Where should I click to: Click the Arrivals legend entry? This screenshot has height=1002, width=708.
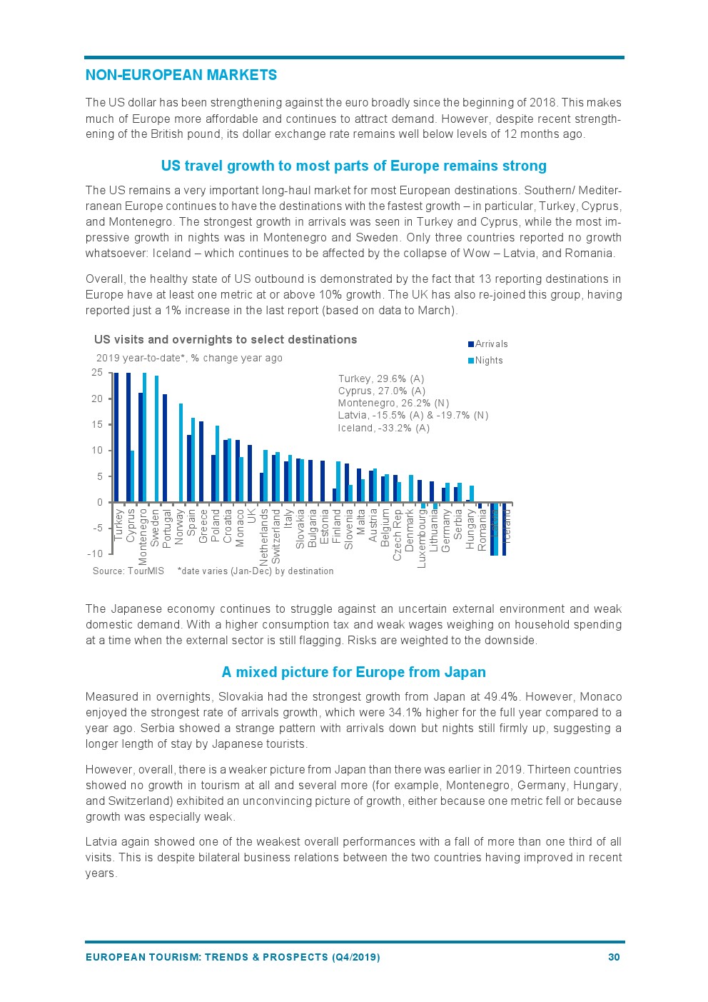tap(491, 344)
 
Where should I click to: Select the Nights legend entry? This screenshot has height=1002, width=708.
tap(488, 361)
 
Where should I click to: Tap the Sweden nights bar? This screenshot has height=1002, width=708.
tap(156, 439)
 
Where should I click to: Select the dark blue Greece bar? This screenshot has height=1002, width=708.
tap(201, 461)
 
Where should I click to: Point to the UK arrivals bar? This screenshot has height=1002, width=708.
tap(250, 474)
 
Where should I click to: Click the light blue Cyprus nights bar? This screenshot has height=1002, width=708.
tap(132, 476)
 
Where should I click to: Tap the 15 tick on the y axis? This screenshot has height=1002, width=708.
tap(96, 425)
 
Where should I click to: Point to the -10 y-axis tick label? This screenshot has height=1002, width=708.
tap(95, 554)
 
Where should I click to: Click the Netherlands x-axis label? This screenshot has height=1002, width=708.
tap(264, 536)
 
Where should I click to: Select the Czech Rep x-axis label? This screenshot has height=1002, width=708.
tap(398, 534)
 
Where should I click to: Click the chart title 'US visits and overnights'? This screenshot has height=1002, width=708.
tap(226, 340)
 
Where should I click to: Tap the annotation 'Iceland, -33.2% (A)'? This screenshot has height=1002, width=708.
tap(384, 429)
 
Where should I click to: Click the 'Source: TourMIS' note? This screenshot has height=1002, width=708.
tap(128, 571)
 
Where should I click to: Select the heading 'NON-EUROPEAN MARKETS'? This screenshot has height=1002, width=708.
tap(181, 76)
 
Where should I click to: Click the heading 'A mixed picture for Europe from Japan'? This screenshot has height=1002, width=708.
tap(354, 673)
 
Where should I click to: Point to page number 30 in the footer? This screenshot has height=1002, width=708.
tap(614, 958)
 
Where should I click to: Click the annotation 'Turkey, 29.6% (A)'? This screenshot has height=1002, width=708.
tap(381, 379)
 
